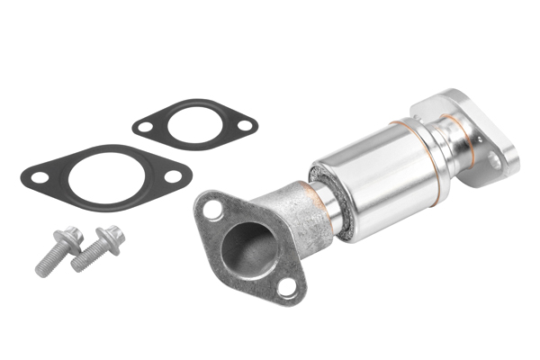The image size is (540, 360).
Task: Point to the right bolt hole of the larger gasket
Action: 170,175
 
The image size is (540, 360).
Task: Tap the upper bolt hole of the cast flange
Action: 212,210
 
